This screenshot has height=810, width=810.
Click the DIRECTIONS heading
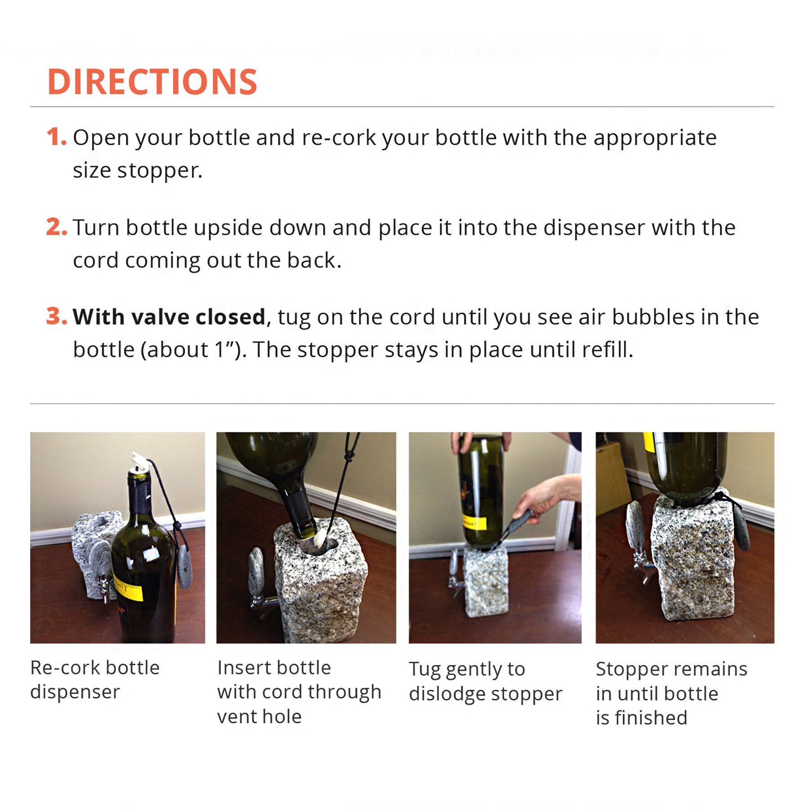click(x=152, y=82)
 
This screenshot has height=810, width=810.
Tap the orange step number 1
click(x=56, y=137)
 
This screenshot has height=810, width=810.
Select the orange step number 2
click(x=57, y=227)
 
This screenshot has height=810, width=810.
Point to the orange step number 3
click(x=57, y=316)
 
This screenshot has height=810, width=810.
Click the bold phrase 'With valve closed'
click(x=169, y=317)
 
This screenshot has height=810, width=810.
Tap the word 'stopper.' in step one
click(x=160, y=171)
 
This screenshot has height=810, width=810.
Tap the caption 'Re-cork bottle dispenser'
click(x=95, y=679)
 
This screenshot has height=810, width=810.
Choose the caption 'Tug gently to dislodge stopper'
click(x=486, y=681)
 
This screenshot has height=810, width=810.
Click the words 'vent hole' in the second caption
click(x=259, y=717)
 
